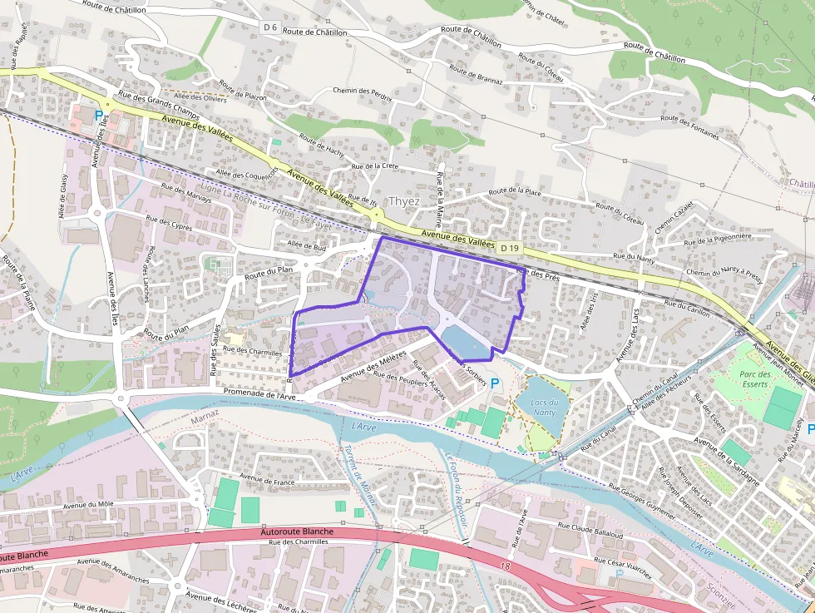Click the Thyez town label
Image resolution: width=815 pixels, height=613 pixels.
(x=403, y=202)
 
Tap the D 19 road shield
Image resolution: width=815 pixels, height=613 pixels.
(x=510, y=248)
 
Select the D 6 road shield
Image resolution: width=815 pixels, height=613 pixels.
(x=269, y=27)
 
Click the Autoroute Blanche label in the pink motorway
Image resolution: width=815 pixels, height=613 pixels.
(x=297, y=531)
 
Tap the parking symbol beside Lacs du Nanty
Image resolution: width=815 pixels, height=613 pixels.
(x=496, y=383)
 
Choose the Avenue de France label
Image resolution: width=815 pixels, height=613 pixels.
(x=267, y=479)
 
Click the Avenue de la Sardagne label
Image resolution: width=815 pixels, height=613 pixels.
(x=726, y=459)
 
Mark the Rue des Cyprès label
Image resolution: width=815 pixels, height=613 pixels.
(x=169, y=225)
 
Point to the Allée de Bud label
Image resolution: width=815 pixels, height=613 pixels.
(x=306, y=246)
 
